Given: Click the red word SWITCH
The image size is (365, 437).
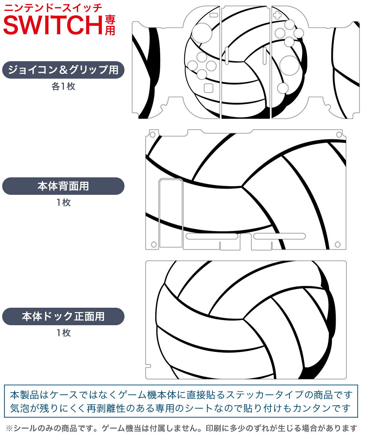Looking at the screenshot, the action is coord(53,25).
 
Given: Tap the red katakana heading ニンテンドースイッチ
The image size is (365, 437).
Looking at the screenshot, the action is coord(53,8).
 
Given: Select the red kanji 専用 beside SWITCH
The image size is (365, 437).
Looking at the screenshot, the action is coord(110,25).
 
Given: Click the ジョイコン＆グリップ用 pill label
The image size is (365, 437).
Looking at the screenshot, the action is coord(63,70).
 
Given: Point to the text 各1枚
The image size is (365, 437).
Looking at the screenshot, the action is coord(64,86).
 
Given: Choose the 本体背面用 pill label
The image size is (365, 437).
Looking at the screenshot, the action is coord(63,186).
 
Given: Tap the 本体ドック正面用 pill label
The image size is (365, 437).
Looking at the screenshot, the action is coord(63,316).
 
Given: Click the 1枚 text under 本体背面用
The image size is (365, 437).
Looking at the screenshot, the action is coord(64,202).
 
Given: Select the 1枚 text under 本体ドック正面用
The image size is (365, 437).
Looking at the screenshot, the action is coord(64,333).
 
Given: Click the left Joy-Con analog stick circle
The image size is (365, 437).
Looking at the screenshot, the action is coord(202,33).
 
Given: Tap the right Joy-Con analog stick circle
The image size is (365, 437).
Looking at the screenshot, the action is coord(289,66).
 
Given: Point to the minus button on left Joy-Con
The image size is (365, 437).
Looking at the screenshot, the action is coord(214,15).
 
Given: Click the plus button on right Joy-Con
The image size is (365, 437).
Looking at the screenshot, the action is coord(277,15).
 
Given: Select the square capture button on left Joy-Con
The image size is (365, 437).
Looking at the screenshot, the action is coord(208,88).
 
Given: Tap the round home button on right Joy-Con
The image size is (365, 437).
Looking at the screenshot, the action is coord(283,88).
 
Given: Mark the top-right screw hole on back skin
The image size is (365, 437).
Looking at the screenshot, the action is coord(339,134).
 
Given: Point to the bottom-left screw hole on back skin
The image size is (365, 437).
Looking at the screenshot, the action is coord(154,244).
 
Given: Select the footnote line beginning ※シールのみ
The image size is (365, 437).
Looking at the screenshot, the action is coord(181,428).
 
